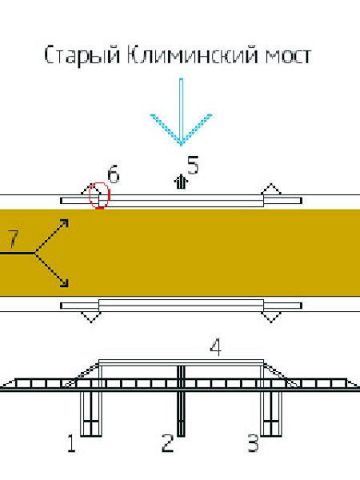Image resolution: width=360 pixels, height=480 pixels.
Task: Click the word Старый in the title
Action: pos(82,56)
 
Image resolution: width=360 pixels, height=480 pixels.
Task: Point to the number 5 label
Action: pos(193,165)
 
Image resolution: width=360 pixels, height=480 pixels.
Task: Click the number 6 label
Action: pos(114,174)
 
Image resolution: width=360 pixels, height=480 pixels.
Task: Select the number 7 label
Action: pos(13,238)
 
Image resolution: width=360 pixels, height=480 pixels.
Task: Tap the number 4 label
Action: pos(215,347)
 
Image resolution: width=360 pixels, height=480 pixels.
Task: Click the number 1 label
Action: pos(71,443)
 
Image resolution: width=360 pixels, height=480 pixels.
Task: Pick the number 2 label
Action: pos(167,443)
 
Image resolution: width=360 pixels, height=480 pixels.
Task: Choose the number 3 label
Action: pos(253,443)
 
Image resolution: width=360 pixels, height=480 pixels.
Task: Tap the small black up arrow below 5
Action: pos(181,182)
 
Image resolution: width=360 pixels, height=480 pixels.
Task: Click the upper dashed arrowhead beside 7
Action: pos(64,223)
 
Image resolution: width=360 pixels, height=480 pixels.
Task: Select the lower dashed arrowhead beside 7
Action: pos(64,283)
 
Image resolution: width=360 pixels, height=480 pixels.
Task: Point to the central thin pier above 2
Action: pos(181,401)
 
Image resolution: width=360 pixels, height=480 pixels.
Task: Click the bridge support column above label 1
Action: pos(91,414)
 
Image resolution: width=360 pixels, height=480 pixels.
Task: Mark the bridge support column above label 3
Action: pos(271,414)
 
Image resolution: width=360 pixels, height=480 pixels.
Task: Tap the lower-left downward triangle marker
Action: pos(91,317)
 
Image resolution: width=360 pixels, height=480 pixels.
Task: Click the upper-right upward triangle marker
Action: pos(271,189)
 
